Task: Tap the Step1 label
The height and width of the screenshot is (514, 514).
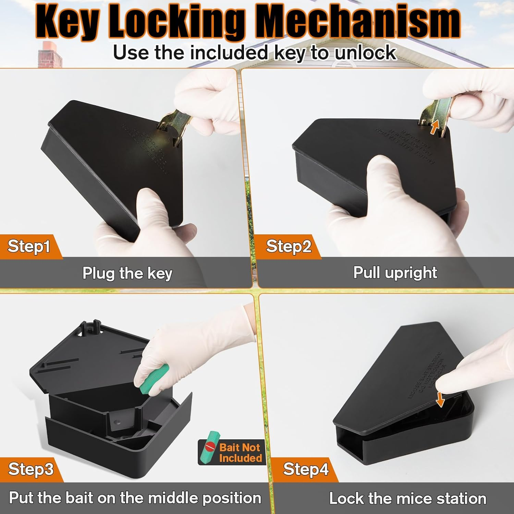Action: pos(29,246)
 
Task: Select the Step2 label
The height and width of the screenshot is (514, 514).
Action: pos(289,246)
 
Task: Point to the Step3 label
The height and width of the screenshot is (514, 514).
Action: pos(31,469)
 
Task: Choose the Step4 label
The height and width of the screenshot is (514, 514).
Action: pos(306,469)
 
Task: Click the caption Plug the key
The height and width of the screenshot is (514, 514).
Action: pos(127,273)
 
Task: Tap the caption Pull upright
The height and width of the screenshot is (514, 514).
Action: pos(395,273)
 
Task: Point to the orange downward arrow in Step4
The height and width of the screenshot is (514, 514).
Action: pos(440,399)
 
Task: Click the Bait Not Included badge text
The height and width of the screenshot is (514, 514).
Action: pos(240,453)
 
